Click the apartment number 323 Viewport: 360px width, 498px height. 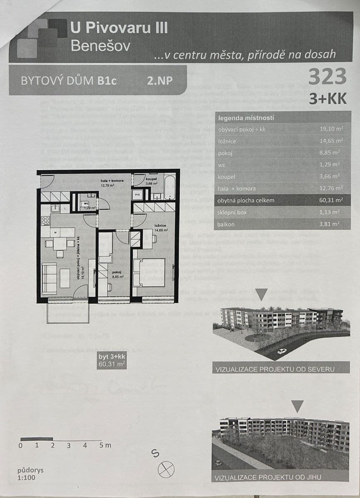tap(327, 77)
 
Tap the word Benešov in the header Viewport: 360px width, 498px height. tap(100, 46)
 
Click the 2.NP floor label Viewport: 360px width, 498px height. tap(159, 81)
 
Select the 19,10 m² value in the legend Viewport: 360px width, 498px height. tap(331, 129)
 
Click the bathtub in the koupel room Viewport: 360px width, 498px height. tap(169, 188)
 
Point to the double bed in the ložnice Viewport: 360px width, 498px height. tap(151, 273)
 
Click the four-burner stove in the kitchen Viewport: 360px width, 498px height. tap(46, 221)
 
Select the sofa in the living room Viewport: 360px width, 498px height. tap(49, 278)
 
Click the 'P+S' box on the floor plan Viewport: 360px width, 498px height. tap(137, 194)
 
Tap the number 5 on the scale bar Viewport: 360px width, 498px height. tap(101, 445)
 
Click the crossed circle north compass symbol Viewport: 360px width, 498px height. tap(166, 469)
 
